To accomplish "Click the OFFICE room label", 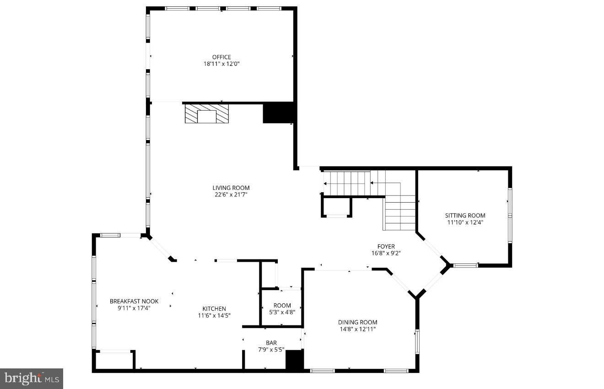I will tap(221, 57).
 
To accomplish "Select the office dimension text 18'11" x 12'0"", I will tap(221, 64).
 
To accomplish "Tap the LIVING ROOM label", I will tap(231, 188).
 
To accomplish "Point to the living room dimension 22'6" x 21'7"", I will tap(231, 194).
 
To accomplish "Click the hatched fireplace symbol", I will tap(206, 113).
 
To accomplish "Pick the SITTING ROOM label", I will tap(465, 216).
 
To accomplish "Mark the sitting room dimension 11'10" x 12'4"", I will tap(465, 222).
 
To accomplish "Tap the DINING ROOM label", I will tap(358, 322).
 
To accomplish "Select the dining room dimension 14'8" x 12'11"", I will tap(358, 329).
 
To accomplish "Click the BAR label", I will tap(271, 343).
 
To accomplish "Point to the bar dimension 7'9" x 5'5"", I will tap(271, 350).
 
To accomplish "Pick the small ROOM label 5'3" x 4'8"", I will tap(282, 306).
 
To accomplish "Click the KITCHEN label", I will tap(214, 308).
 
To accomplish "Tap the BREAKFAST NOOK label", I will tap(134, 301).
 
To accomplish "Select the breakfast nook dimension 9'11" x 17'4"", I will tap(134, 308).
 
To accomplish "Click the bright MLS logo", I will tap(32, 378).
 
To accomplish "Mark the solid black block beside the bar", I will tap(295, 360).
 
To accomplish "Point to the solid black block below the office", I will tap(278, 113).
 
